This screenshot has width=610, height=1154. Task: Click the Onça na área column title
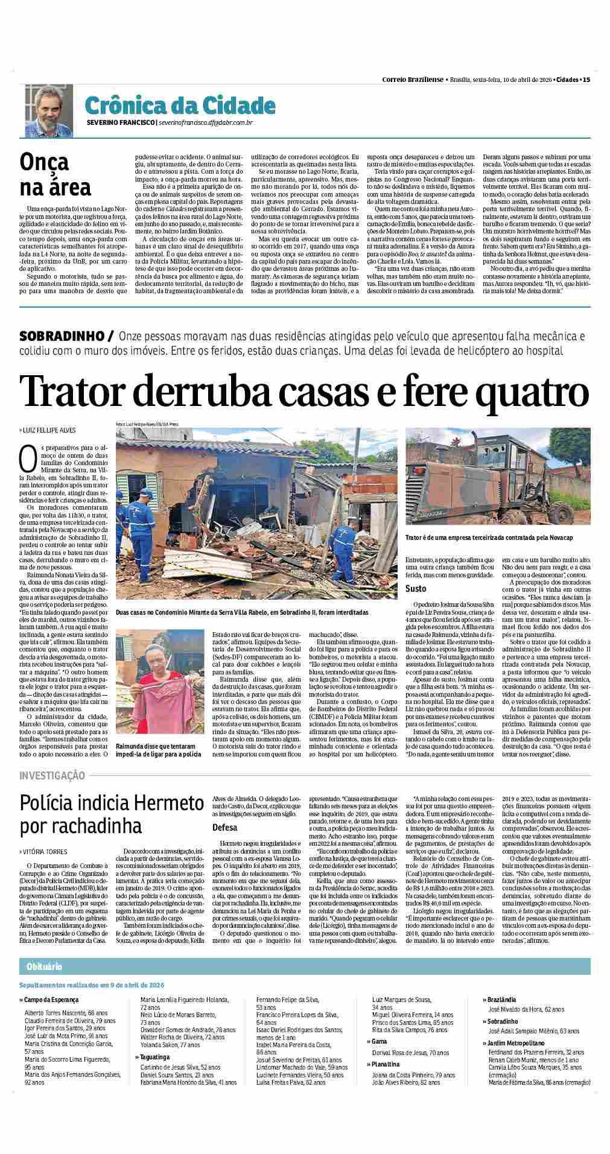55,174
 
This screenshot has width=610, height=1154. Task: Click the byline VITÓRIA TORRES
46,851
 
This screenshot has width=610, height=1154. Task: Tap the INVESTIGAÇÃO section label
52,775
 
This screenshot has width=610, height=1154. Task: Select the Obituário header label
44,966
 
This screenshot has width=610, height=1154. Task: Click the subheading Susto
416,588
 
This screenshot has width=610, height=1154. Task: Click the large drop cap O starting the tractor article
28,458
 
